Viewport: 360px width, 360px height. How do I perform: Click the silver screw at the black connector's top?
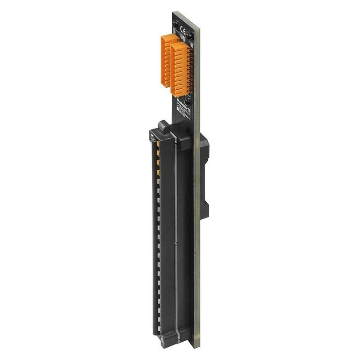[x=153, y=137]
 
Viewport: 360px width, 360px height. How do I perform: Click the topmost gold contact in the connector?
[x=158, y=144]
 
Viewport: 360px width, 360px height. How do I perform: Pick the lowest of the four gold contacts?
[x=158, y=174]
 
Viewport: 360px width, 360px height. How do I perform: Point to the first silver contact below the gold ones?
[x=158, y=182]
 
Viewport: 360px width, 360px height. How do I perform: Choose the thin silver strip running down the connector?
[x=176, y=234]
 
